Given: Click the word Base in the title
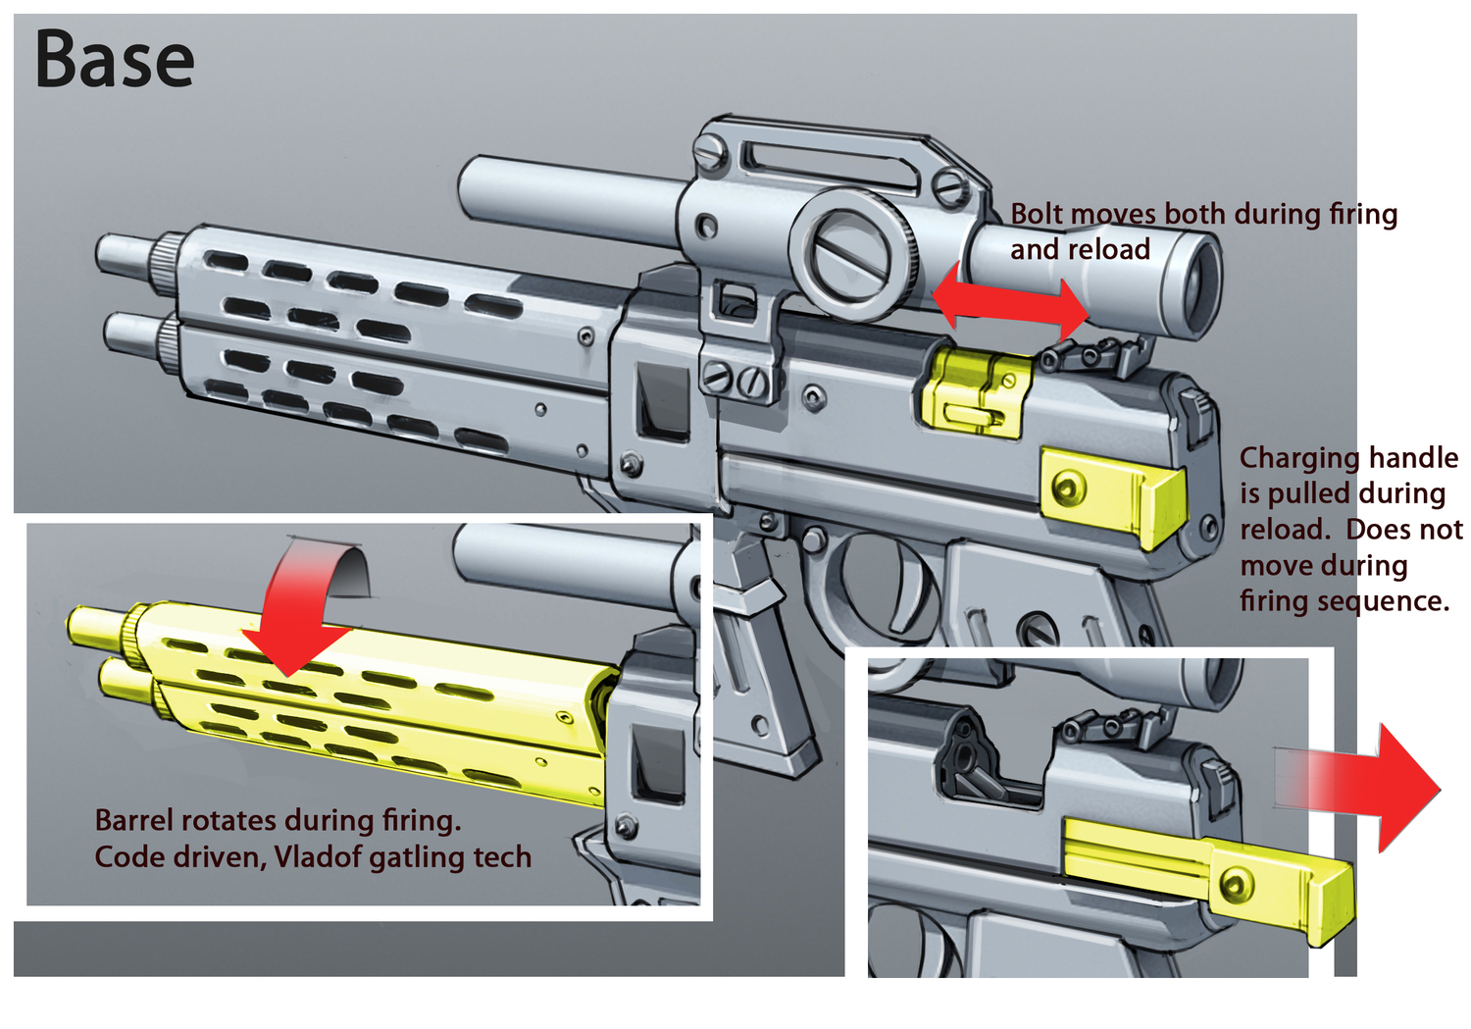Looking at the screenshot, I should click(x=115, y=60).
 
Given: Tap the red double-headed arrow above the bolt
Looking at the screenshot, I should click(x=1010, y=300).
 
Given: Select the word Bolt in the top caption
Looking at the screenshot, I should click(x=1036, y=214).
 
